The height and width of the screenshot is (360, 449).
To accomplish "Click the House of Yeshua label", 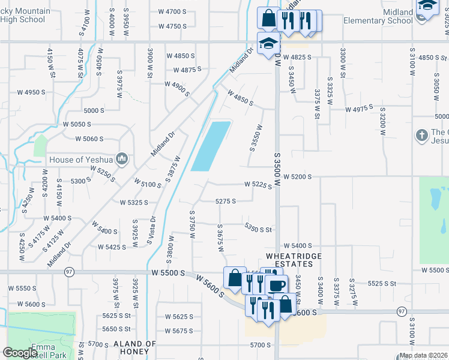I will point(82,160).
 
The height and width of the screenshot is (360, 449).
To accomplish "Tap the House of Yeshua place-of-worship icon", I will point(122,159).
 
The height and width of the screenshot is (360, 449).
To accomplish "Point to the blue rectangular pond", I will point(211,146).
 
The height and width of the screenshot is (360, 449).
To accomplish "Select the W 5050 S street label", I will point(77,124).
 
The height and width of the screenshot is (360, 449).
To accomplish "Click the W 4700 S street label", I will point(172,12).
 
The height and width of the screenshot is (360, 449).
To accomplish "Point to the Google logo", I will point(20,353).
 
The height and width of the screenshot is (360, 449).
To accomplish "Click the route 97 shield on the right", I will point(400,311).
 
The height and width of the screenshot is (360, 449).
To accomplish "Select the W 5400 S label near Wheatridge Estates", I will point(298,246).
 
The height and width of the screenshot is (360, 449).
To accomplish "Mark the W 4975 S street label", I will point(359,109).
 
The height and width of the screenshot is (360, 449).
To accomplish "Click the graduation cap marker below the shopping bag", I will point(268,43).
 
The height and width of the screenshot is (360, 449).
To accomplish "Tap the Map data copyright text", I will point(424,355).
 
